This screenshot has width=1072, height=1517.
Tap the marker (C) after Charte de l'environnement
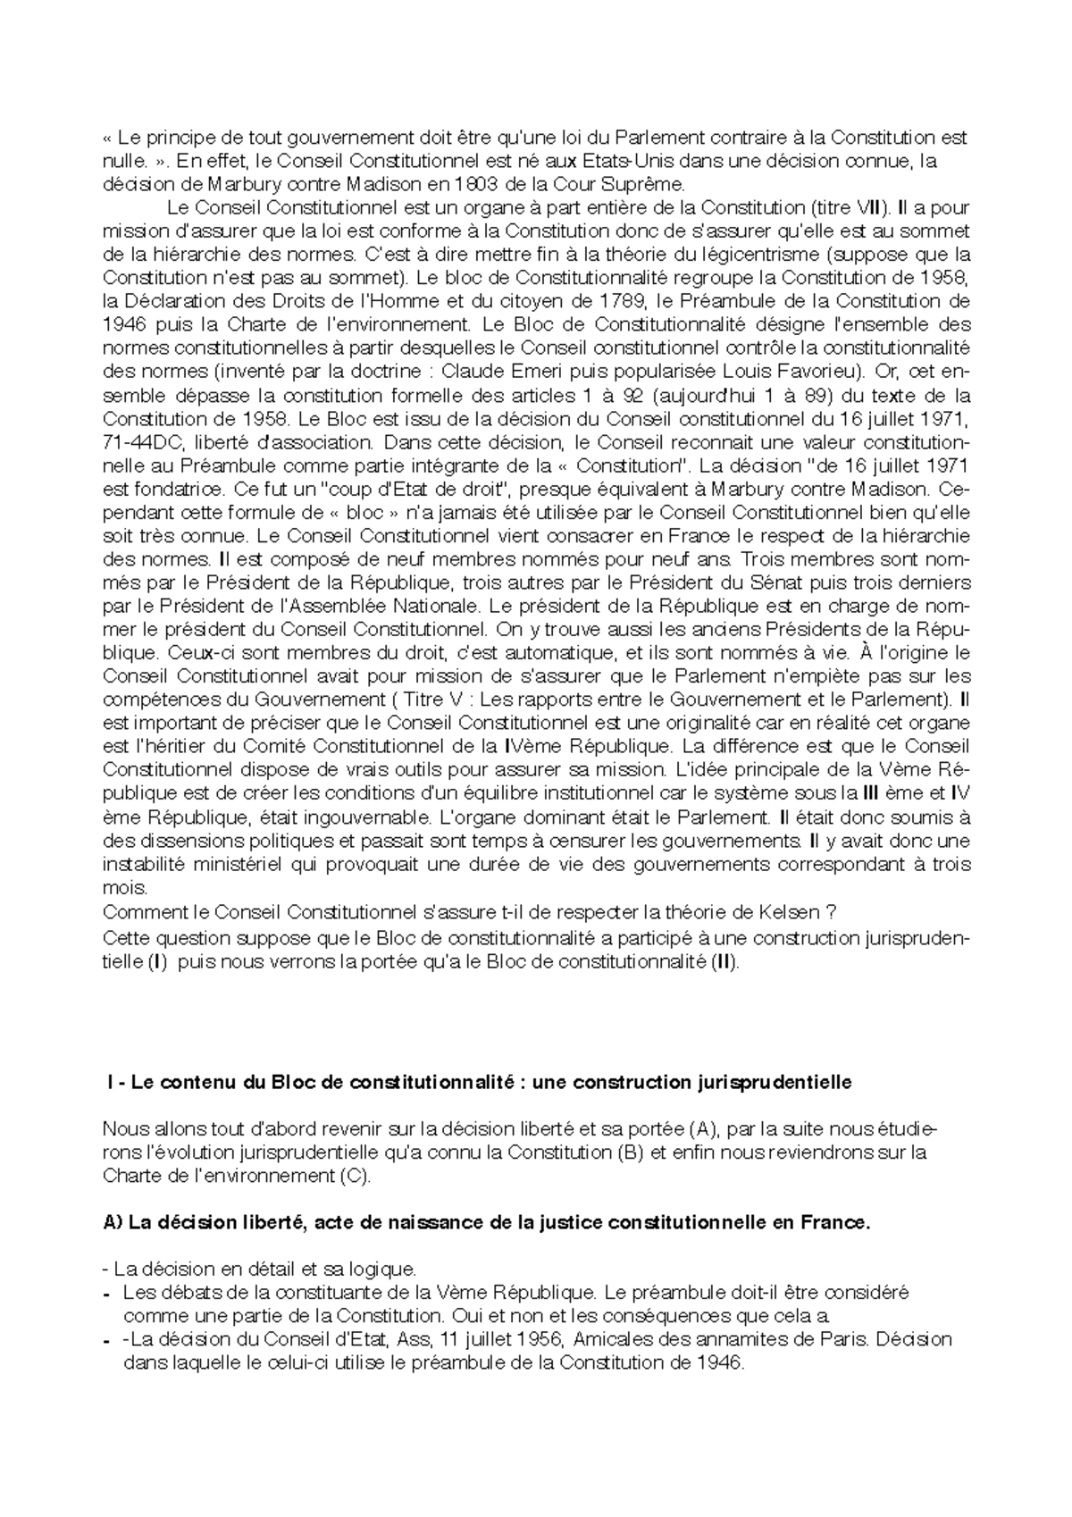(355, 1176)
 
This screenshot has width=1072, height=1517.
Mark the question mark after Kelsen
(831, 912)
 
